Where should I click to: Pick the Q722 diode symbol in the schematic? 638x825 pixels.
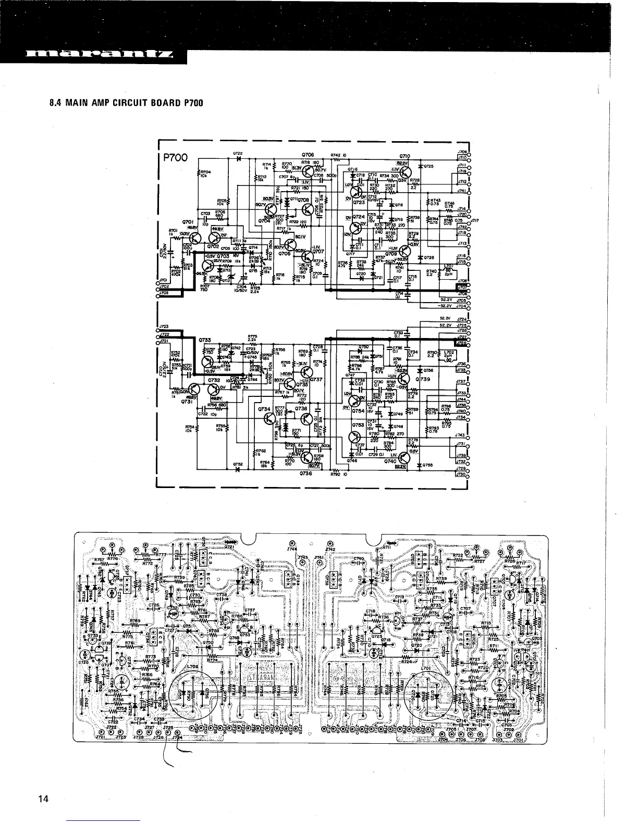(238, 158)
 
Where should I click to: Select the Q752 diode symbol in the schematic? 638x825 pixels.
(238, 469)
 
